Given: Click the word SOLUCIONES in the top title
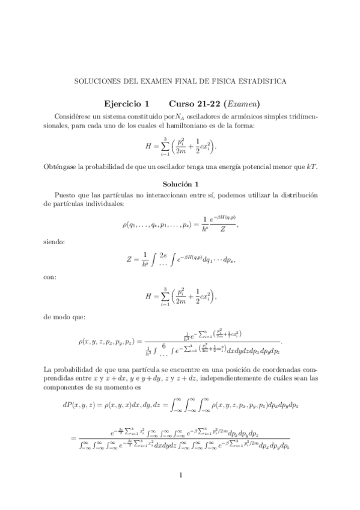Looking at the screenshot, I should (93, 80).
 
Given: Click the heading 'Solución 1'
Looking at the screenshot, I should (180, 183).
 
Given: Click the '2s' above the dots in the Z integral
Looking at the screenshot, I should (162, 255).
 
